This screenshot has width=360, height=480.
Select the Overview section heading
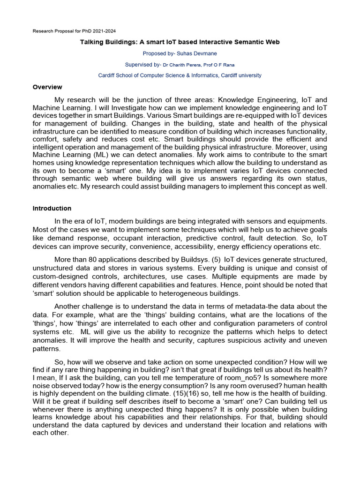click(x=47, y=87)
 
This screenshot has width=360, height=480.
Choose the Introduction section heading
click(x=52, y=209)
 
